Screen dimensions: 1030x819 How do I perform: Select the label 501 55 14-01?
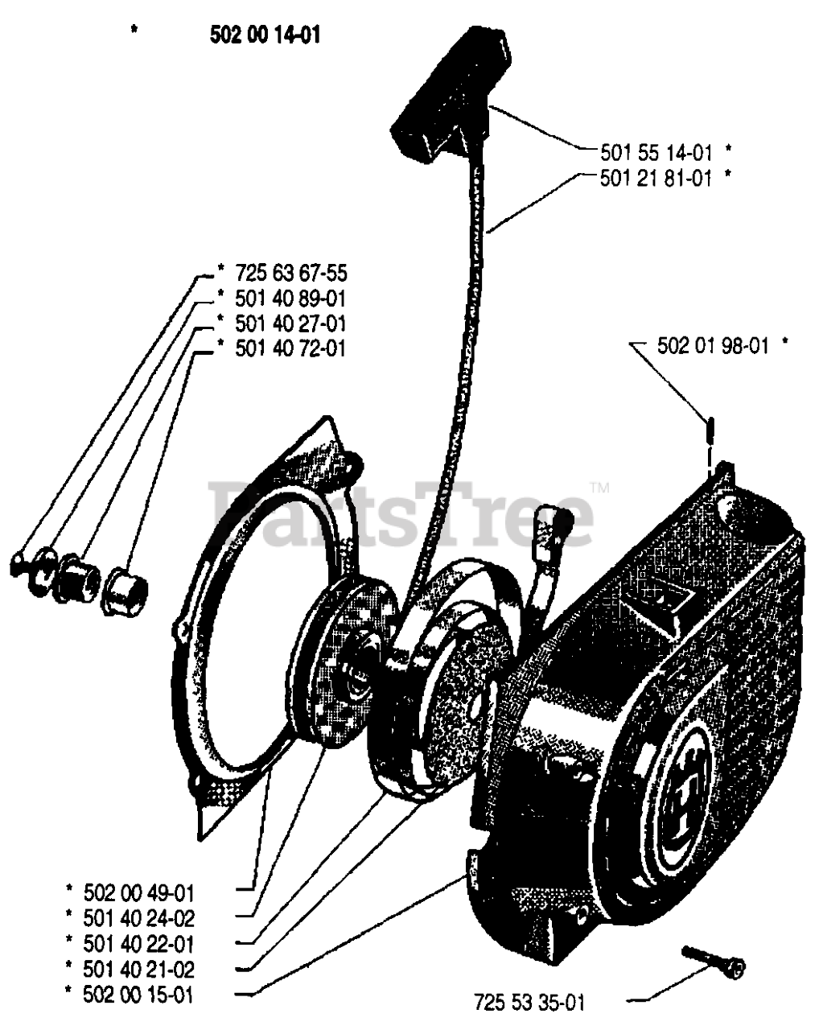tap(656, 150)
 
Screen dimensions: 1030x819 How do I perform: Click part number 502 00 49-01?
tap(138, 892)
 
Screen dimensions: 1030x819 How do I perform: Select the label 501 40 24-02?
tap(138, 918)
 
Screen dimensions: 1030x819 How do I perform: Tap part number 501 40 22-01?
tap(138, 944)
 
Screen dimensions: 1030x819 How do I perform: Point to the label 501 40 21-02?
tap(138, 970)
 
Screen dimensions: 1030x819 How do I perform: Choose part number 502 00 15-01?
tap(138, 995)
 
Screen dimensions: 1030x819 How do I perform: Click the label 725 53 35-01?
tap(529, 1003)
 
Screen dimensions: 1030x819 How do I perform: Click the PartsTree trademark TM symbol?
tap(599, 488)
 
